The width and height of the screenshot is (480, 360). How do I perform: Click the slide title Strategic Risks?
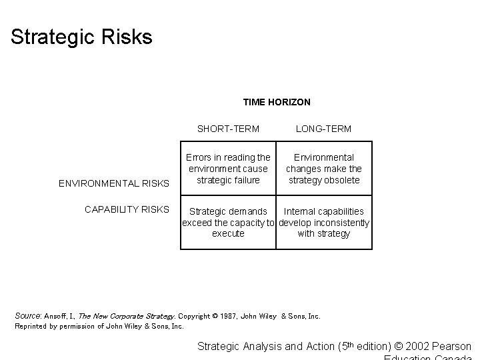(81, 37)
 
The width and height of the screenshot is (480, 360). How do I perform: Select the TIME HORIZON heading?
(277, 102)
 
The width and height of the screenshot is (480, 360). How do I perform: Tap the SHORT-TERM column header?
(228, 128)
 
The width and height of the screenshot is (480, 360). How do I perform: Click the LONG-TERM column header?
(323, 128)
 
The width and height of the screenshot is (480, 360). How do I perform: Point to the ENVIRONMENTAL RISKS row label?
(114, 183)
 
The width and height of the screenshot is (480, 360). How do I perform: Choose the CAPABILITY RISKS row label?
(127, 209)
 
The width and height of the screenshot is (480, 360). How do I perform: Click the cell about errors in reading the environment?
(228, 169)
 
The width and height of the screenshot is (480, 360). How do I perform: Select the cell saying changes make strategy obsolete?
(324, 169)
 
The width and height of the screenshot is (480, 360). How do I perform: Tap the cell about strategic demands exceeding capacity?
(228, 222)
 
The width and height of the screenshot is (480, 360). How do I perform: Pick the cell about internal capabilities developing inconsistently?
(324, 222)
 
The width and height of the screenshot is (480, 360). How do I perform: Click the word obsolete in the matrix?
(342, 180)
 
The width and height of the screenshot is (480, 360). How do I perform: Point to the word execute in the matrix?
(228, 233)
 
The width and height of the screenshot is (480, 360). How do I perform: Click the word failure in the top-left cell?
(244, 180)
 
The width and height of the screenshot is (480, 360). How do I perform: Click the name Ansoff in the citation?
(55, 316)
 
